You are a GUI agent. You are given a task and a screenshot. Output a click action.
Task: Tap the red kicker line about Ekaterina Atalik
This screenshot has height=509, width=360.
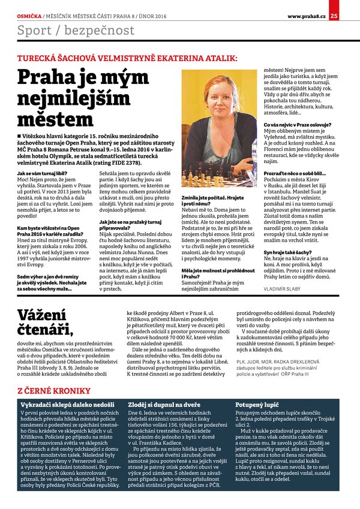[x=127, y=58]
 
